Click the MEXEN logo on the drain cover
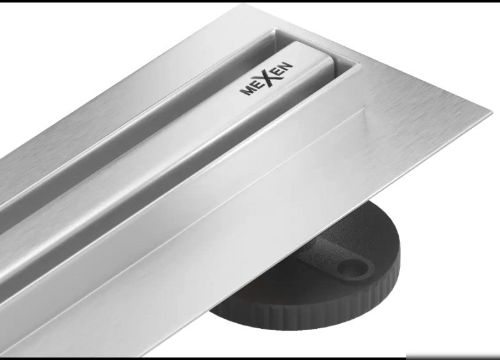click(266, 79)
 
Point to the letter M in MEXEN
click(246, 90)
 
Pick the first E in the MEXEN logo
click(256, 85)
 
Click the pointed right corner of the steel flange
click(492, 112)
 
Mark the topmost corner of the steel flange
click(245, 4)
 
